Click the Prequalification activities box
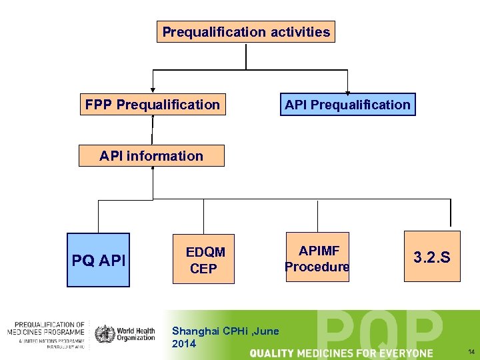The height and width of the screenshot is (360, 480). pos(246,31)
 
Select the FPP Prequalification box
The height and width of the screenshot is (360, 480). pos(153,105)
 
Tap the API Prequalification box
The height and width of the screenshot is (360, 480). pos(347,105)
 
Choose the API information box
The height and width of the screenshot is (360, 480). pos(151,156)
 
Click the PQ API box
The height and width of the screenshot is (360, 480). pos(99,259)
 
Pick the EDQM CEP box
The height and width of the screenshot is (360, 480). pos(204,260)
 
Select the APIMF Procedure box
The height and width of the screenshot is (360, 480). pos(317,258)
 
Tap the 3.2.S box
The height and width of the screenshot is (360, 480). pos(432,257)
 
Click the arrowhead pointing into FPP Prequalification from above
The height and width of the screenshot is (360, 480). pos(153,91)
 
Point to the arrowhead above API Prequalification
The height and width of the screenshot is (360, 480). pos(347,92)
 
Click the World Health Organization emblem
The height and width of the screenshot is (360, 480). pos(105,333)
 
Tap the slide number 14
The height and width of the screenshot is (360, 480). pos(471,351)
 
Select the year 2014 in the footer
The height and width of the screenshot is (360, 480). pos(184,344)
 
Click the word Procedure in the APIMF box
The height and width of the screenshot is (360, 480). pos(317,267)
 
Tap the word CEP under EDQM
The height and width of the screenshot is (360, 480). pos(203,269)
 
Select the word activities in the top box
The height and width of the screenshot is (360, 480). pos(299,31)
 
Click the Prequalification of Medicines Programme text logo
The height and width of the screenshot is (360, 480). pos(46,333)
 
